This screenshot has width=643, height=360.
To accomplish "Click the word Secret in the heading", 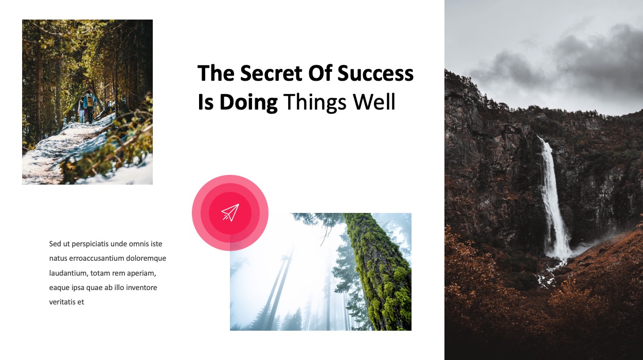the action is click(x=271, y=73).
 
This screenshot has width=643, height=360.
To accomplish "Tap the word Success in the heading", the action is click(x=376, y=73).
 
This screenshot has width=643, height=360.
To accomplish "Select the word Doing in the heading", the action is click(x=248, y=102).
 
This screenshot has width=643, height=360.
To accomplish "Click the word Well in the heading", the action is click(x=374, y=102).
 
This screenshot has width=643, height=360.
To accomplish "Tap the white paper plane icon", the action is click(x=230, y=212).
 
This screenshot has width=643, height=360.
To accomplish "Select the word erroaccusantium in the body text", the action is click(x=95, y=258).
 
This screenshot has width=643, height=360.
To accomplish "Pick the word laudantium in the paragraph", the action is click(x=68, y=273).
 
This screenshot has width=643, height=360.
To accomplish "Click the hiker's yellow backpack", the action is click(x=90, y=100).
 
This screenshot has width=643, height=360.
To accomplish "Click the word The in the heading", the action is click(x=216, y=73).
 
